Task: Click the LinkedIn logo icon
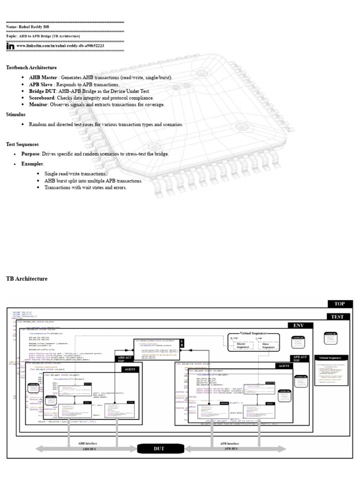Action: coord(10,46)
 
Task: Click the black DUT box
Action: coord(159,449)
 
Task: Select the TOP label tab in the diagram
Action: coord(339,304)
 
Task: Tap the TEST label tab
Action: coord(337,317)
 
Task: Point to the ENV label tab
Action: coord(299,325)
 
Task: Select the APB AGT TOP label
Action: coord(300,359)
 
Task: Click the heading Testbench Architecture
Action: coord(31,67)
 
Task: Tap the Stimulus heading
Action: coord(16,114)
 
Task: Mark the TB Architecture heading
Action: coord(27,278)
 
